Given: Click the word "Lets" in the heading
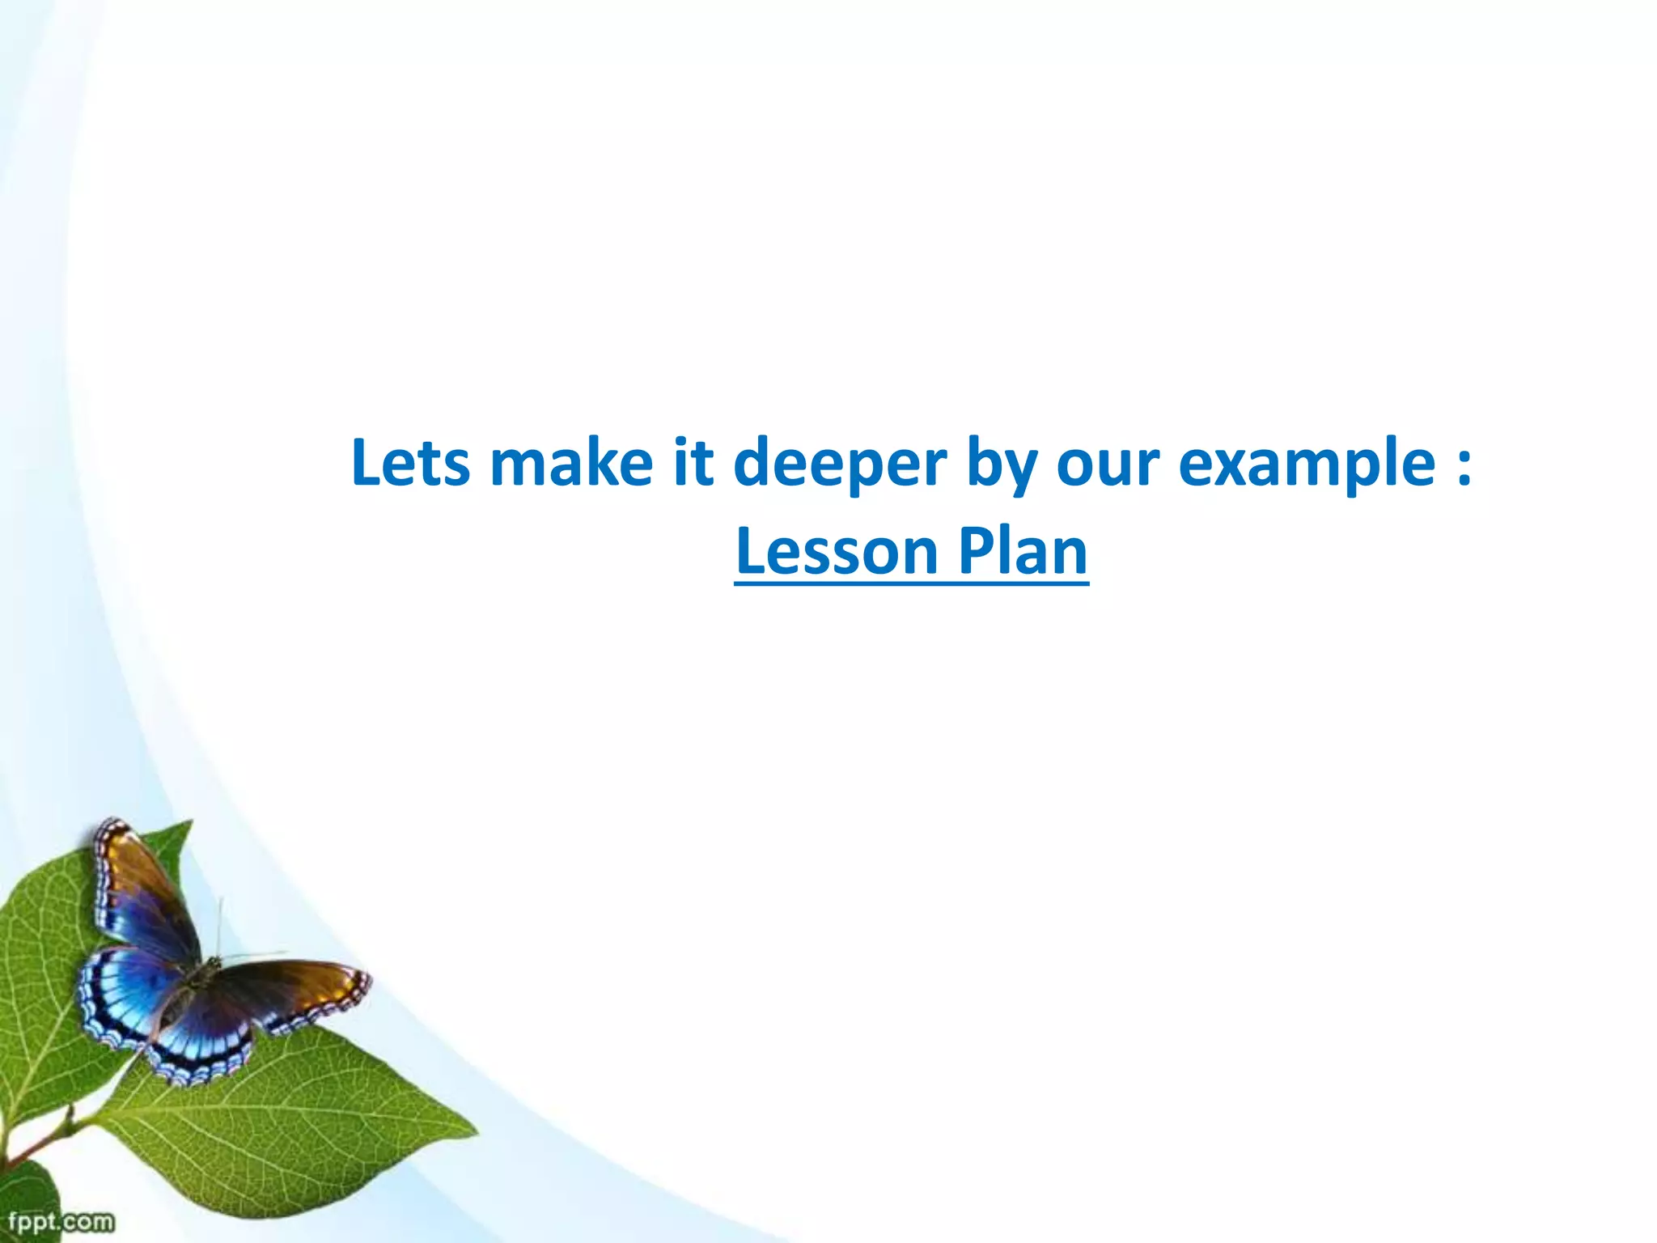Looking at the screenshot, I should (x=410, y=463).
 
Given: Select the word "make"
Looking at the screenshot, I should (x=571, y=463).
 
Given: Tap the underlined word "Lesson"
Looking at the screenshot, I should (x=837, y=552).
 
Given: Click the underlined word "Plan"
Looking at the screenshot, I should (x=1023, y=552).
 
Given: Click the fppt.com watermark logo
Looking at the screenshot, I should (x=61, y=1220).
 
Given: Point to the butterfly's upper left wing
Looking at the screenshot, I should (x=142, y=890).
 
